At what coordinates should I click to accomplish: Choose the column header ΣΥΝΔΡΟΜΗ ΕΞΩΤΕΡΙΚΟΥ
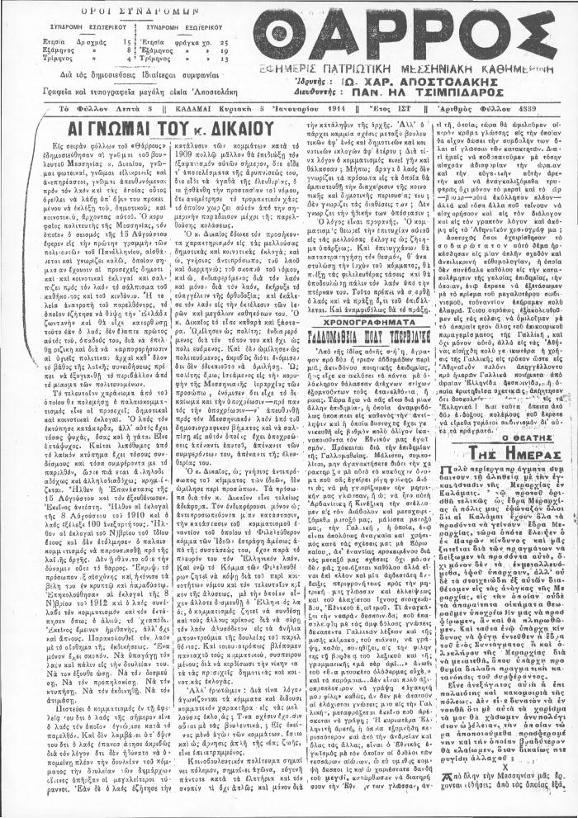coord(171,26)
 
